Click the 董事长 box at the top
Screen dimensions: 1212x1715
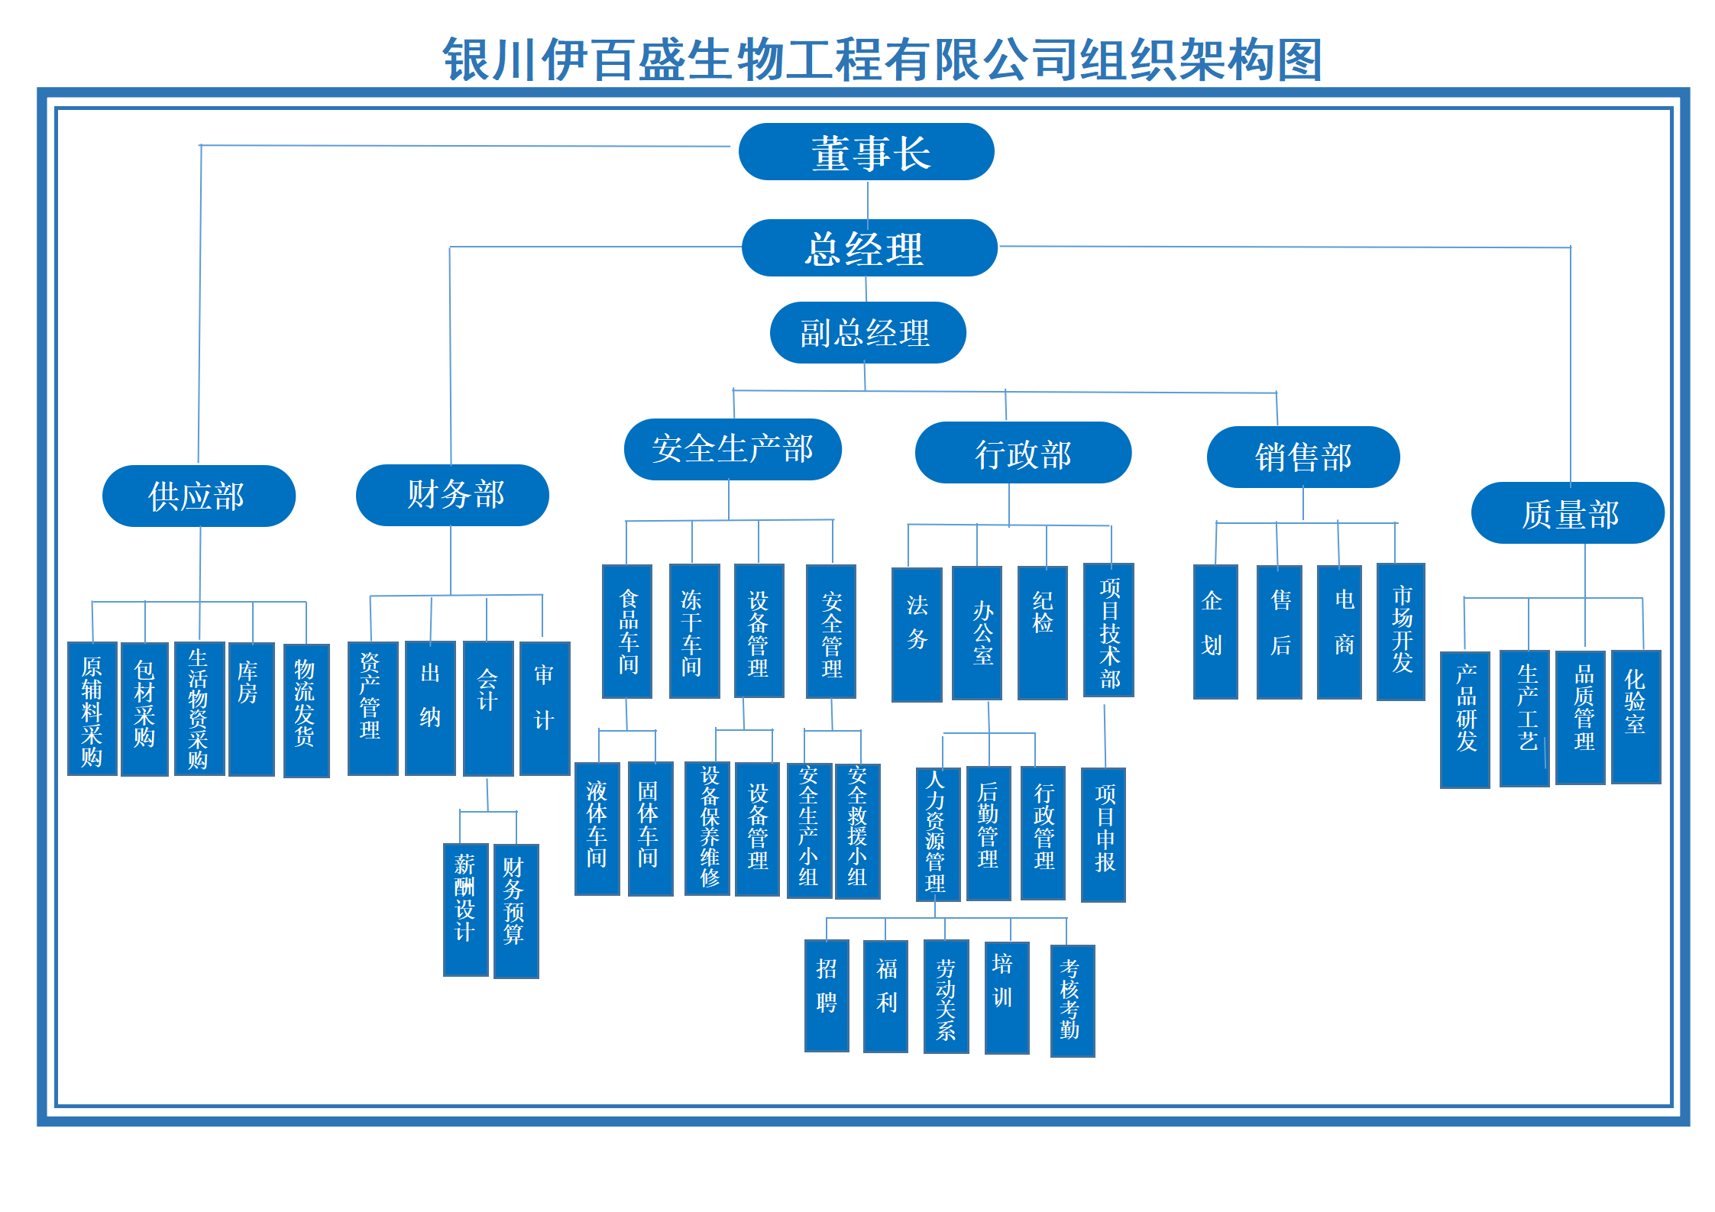point(866,152)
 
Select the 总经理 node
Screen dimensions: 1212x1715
point(869,248)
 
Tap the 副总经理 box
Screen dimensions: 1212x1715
point(868,333)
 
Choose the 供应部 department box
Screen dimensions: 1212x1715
point(199,496)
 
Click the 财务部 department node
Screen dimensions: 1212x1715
point(452,495)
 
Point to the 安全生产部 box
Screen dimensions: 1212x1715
point(733,449)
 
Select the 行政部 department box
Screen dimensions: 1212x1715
point(1023,453)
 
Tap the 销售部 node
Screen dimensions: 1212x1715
point(1303,457)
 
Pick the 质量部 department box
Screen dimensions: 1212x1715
point(1568,513)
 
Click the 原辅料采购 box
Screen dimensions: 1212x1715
point(92,709)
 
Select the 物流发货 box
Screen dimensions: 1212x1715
point(306,710)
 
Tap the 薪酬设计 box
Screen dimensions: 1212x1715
point(465,909)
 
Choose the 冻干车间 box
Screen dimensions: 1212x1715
point(694,631)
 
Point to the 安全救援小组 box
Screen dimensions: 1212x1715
point(857,831)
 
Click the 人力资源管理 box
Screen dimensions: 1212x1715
point(937,834)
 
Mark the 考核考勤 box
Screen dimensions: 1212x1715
point(1072,1000)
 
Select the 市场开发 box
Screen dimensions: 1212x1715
point(1400,632)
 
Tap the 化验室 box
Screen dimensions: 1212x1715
point(1636,716)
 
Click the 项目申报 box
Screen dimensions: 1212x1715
point(1103,834)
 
